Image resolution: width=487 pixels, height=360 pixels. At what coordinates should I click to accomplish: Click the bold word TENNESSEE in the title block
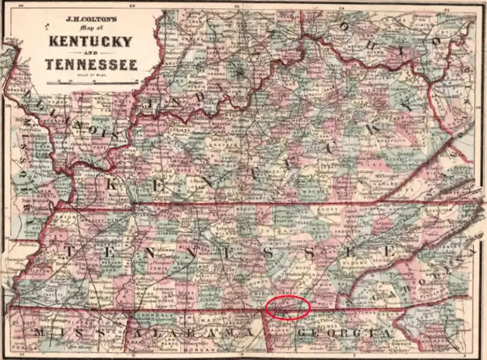click(x=91, y=65)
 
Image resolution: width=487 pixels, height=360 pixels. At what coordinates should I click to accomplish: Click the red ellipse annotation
click(x=288, y=307)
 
